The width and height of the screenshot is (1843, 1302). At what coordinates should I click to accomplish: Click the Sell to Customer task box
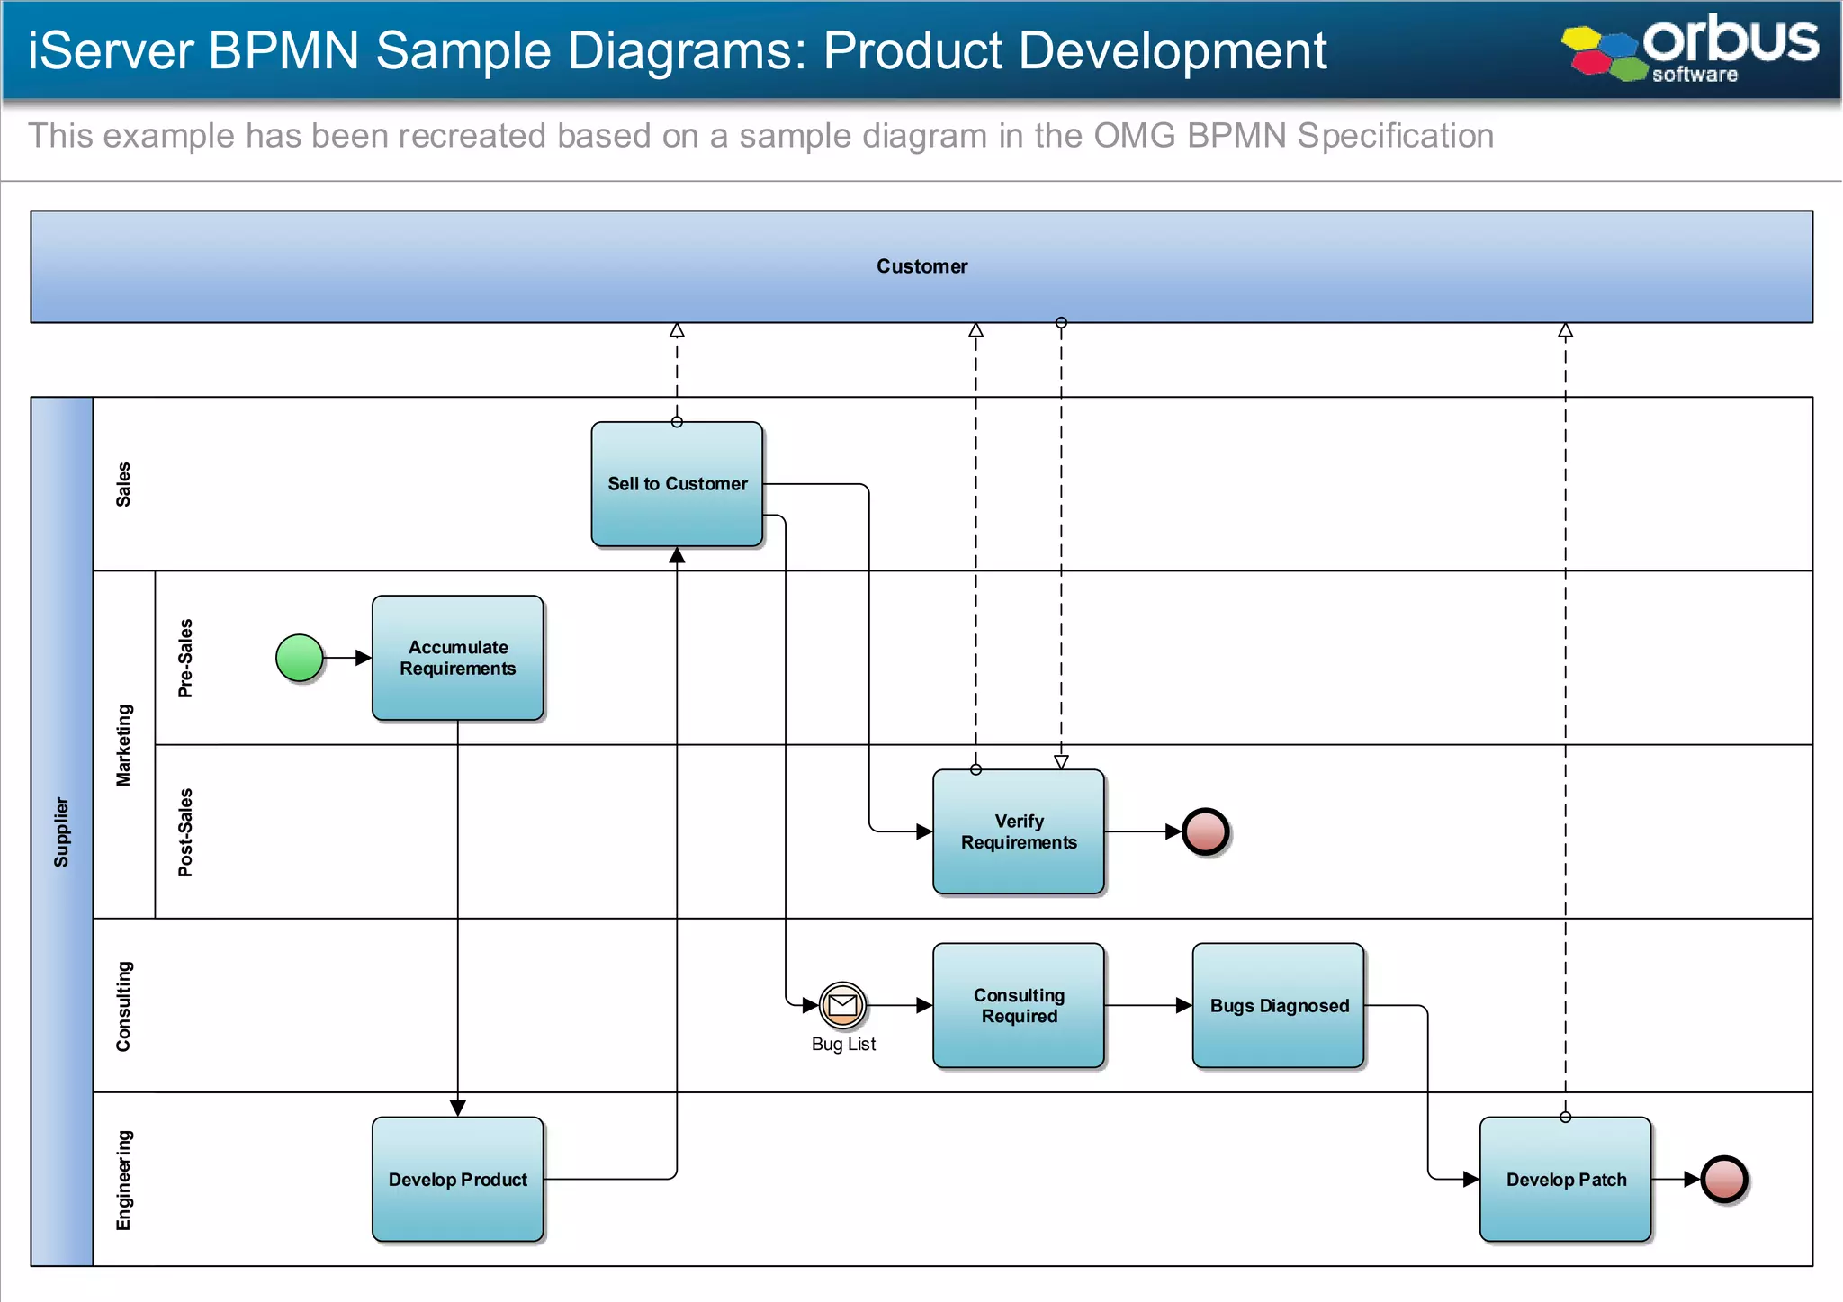677,484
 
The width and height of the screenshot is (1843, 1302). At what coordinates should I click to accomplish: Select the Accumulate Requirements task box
457,658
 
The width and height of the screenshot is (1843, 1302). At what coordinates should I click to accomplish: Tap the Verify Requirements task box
1018,831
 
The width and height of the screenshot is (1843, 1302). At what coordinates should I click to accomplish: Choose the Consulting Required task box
1018,1005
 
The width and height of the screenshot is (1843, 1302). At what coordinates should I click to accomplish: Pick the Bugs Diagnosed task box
1278,1005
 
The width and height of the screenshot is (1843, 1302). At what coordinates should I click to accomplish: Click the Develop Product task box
457,1179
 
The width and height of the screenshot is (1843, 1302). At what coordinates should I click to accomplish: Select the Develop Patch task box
1565,1179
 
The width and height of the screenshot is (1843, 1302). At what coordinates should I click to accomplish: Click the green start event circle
300,658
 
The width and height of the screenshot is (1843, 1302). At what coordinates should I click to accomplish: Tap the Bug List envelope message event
842,1005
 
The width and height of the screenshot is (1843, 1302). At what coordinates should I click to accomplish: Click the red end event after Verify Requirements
1206,831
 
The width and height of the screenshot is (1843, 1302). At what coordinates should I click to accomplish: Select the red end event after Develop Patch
1723,1179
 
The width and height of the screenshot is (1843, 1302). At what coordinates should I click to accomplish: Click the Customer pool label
921,266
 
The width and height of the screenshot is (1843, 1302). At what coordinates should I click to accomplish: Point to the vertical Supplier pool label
61,831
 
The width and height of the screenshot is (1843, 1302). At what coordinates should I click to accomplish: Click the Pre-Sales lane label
185,658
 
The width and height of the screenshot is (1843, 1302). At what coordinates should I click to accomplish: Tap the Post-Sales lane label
185,831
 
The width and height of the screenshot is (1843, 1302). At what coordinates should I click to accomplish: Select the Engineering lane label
123,1179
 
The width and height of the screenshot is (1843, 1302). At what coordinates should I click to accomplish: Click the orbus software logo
1692,49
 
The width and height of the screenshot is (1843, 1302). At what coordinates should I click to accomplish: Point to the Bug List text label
842,1044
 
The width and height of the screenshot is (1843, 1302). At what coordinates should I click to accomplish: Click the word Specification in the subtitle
1395,136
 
